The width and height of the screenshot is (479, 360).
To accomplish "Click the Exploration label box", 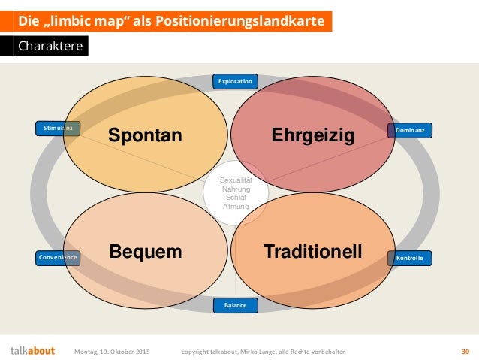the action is pos(235,80).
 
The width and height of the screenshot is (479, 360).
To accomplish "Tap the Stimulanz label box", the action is pos(57,129).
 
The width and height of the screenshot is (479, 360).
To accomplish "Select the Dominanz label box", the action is pos(410,130).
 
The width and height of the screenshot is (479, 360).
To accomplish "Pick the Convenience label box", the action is pos(57,258).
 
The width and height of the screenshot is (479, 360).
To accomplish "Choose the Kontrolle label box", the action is pos(410,258).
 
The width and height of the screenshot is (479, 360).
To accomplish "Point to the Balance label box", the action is pos(235,305).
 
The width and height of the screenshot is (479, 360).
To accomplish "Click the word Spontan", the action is pos(145,135).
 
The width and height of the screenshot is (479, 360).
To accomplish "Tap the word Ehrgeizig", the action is pos(312,135).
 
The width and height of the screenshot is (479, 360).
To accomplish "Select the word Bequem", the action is pos(146,252).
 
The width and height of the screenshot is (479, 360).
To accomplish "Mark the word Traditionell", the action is pos(312,252).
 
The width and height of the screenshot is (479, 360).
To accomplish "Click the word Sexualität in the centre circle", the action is pos(236,181).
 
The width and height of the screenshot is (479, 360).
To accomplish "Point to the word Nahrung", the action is pos(236,189).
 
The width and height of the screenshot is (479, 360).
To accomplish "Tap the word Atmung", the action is pos(236,207).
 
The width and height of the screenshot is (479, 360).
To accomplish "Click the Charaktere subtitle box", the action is pos(51,47).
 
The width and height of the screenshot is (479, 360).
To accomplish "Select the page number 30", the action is pos(465,351).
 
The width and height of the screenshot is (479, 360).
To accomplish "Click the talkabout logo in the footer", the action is pos(32,350).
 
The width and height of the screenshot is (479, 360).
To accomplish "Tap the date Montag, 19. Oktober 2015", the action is pos(112,351).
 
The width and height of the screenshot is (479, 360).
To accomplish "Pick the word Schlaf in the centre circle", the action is pos(236,198).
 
